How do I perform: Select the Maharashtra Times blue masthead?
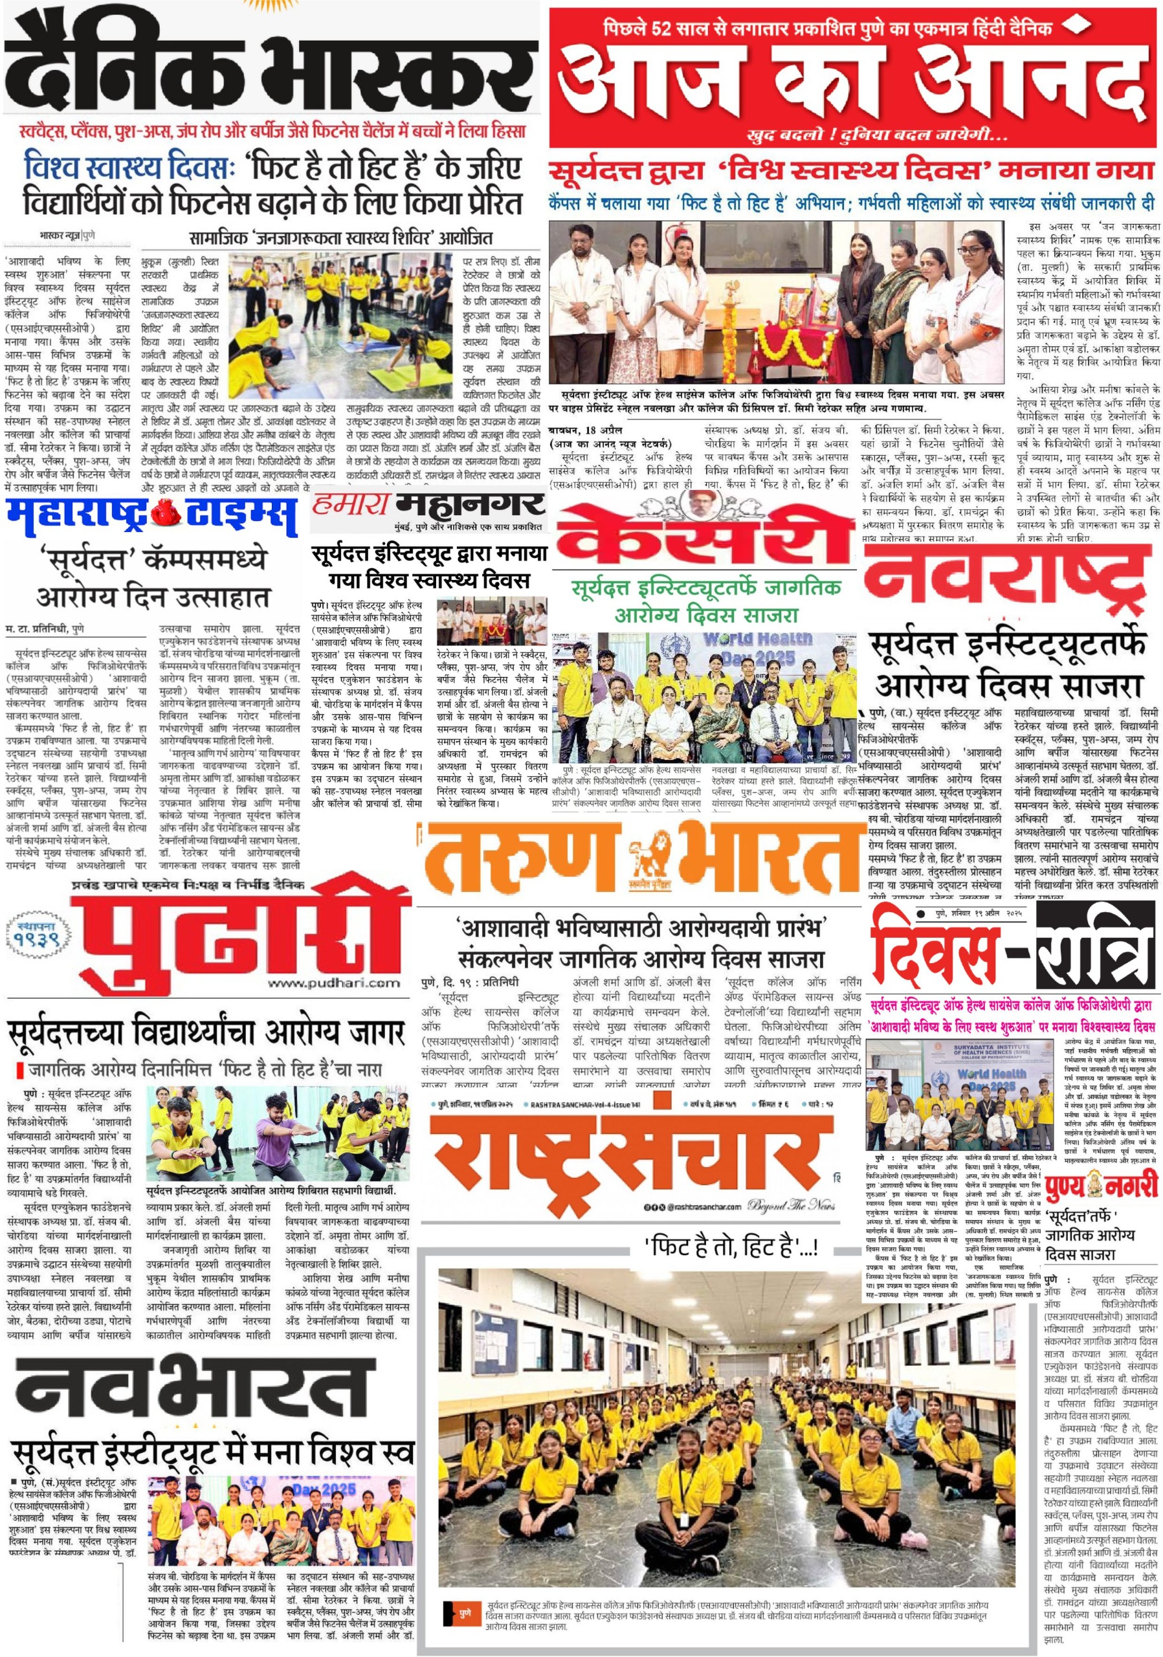point(151,514)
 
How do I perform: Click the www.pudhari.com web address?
point(333,984)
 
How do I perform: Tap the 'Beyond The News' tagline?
point(791,1204)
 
